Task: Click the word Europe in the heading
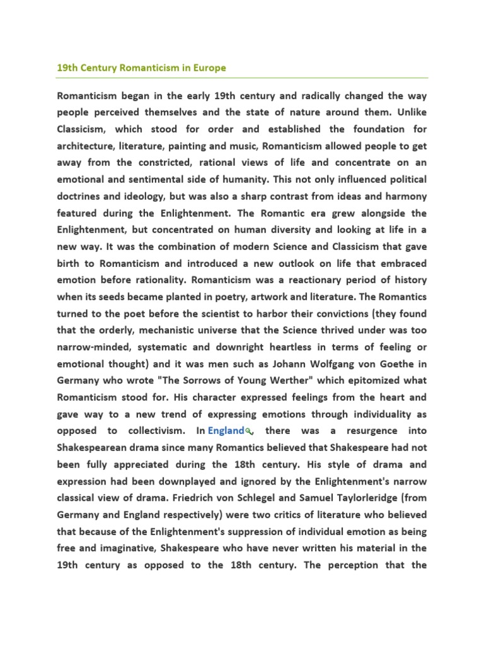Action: click(x=210, y=67)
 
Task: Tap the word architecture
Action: click(x=85, y=146)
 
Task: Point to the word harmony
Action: click(x=405, y=196)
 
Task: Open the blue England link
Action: click(x=226, y=431)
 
